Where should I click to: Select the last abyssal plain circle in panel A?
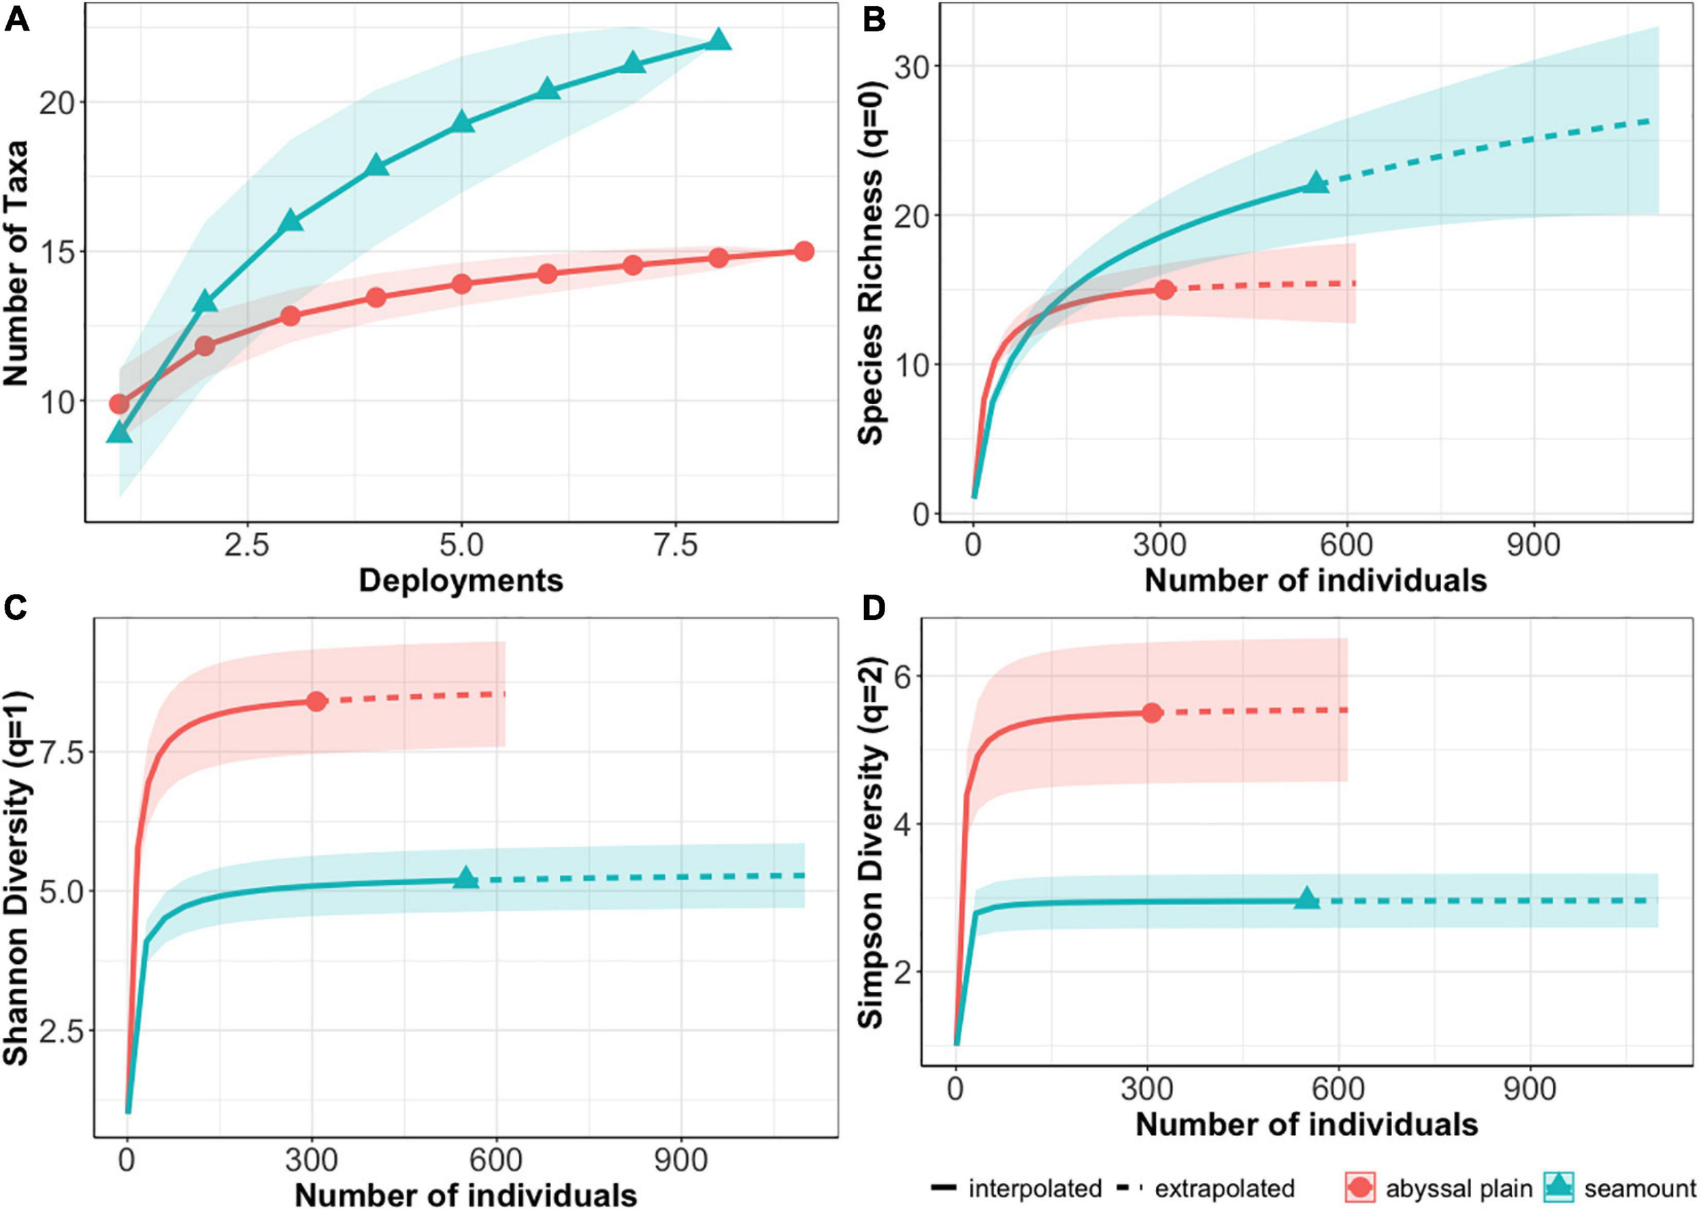tap(803, 251)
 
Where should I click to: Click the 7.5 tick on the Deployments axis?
tap(676, 546)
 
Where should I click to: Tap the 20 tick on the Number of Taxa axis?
tap(58, 103)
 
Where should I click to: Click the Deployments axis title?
tap(460, 580)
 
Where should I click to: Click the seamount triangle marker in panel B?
tap(1315, 183)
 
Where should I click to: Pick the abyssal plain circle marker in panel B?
tap(1164, 289)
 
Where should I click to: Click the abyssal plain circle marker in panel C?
tap(316, 701)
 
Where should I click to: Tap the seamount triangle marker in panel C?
tap(466, 878)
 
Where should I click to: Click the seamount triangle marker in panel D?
tap(1306, 899)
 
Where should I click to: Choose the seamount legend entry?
tap(1640, 1188)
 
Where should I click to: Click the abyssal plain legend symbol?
tap(1360, 1187)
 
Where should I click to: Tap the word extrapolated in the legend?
tap(1225, 1188)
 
